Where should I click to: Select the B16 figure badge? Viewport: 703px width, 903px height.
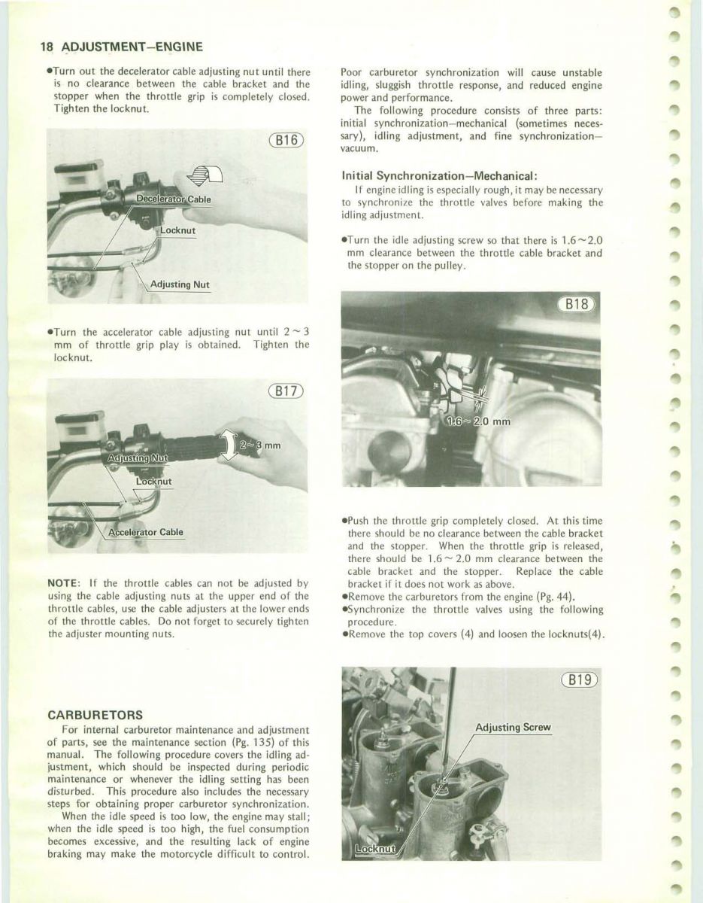[x=285, y=141]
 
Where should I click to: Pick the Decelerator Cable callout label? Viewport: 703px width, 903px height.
[x=173, y=199]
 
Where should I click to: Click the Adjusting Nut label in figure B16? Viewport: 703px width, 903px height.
[x=180, y=284]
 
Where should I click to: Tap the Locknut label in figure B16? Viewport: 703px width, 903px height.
[x=177, y=230]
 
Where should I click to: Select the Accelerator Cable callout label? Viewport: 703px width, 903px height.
[x=146, y=532]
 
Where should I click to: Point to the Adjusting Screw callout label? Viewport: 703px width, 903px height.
[x=514, y=728]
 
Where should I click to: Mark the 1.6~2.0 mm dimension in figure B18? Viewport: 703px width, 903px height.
[x=479, y=421]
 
